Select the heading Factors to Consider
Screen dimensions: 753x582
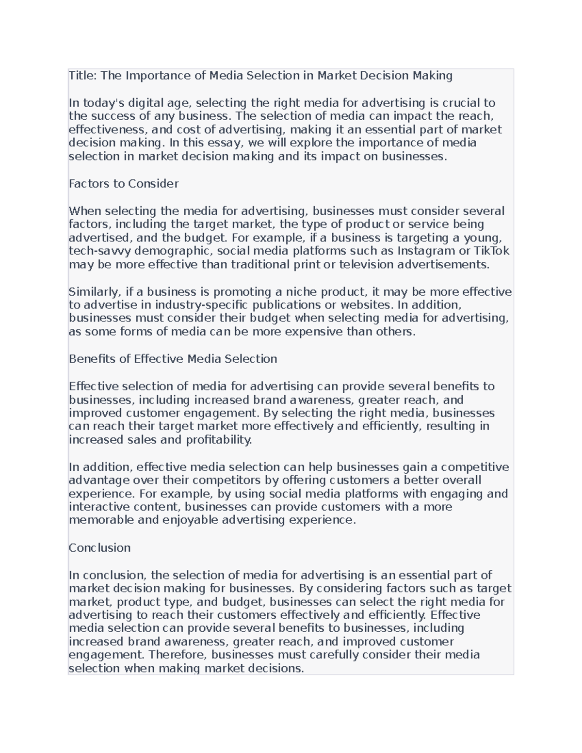tap(124, 184)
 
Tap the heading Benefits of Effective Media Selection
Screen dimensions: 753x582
tap(173, 359)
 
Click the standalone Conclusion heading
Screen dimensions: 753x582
tap(99, 548)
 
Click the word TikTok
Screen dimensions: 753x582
tap(491, 251)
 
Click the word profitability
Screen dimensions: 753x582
tap(219, 440)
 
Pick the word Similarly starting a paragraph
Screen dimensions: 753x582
tap(95, 292)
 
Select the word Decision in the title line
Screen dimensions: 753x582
tap(385, 76)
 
